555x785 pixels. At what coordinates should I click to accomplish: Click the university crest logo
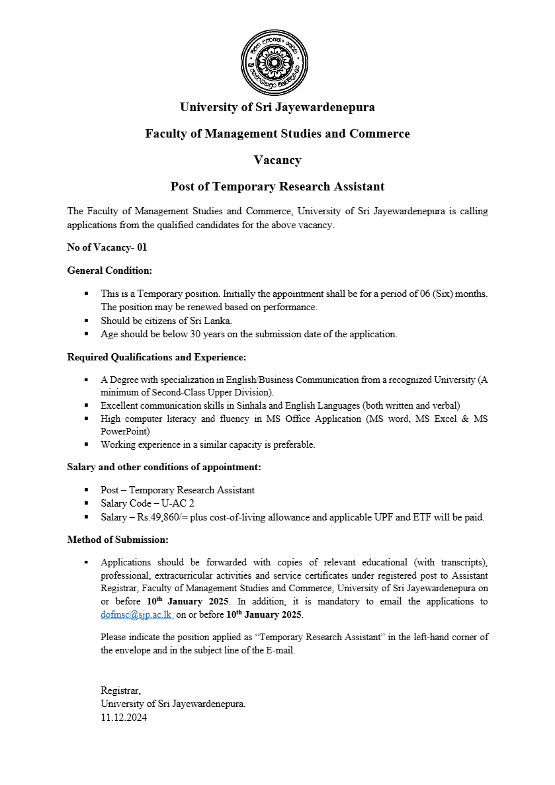pos(274,62)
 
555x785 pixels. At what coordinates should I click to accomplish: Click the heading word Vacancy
pos(277,160)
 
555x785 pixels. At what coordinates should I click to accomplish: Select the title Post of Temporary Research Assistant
pos(277,186)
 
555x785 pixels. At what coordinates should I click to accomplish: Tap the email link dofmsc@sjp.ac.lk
pos(136,614)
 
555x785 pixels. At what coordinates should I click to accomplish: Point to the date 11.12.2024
pos(124,717)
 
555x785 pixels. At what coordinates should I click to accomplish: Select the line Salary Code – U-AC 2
pos(148,503)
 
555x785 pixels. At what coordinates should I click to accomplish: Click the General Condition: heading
pos(110,270)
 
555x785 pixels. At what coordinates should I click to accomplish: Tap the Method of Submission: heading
pos(118,540)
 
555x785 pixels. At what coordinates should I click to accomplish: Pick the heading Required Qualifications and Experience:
pos(157,357)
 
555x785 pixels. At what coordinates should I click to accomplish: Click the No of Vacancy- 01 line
pos(107,247)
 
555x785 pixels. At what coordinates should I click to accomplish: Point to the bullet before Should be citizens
pos(86,321)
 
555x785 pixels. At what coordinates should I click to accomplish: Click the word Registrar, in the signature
pos(121,690)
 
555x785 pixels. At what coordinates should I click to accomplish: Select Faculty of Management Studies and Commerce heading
pos(277,134)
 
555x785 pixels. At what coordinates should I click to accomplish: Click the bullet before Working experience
pos(86,444)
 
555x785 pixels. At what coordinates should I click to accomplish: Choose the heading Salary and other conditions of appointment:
pos(164,467)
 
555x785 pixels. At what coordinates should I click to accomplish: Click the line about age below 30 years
pos(249,334)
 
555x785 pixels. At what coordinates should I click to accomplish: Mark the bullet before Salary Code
pos(86,503)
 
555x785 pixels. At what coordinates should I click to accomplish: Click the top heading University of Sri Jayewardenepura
pos(277,107)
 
